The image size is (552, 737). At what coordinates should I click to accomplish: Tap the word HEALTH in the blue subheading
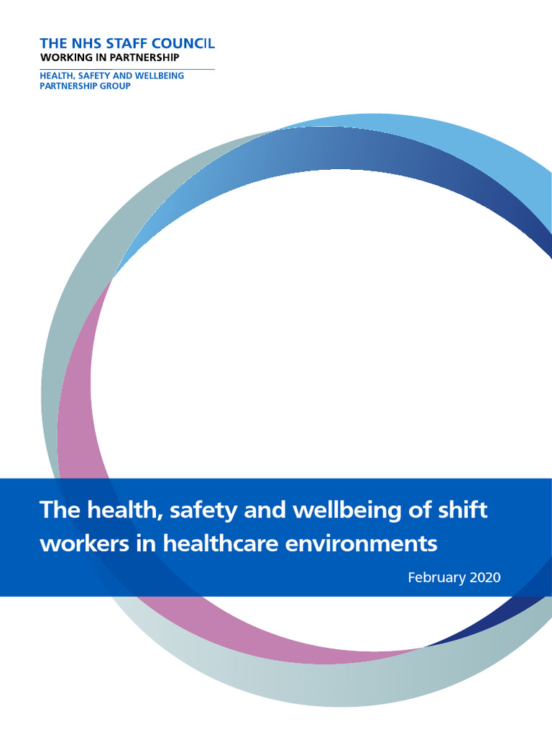56,76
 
